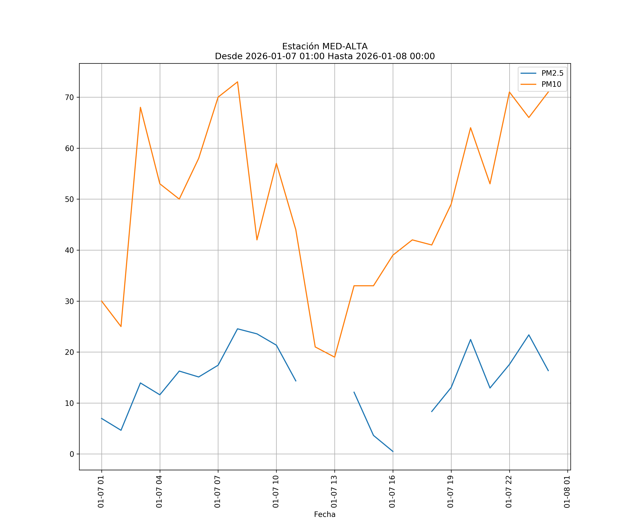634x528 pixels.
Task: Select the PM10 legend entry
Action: tap(551, 84)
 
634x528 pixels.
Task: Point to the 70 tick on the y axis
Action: tap(69, 97)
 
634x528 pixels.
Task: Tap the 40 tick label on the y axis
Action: tap(69, 250)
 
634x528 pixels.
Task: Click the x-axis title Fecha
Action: tap(325, 514)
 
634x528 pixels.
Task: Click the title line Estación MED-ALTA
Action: tap(325, 46)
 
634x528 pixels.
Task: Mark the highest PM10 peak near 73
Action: tap(238, 82)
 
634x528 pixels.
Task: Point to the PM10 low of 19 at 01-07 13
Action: tap(334, 357)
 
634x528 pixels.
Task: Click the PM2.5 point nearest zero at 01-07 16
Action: tap(393, 452)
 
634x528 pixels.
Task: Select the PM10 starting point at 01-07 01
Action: tap(102, 301)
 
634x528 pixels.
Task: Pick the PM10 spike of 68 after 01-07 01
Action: tap(140, 107)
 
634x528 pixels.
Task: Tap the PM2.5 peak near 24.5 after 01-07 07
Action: tap(238, 329)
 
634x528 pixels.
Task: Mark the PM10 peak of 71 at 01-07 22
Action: tap(509, 92)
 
